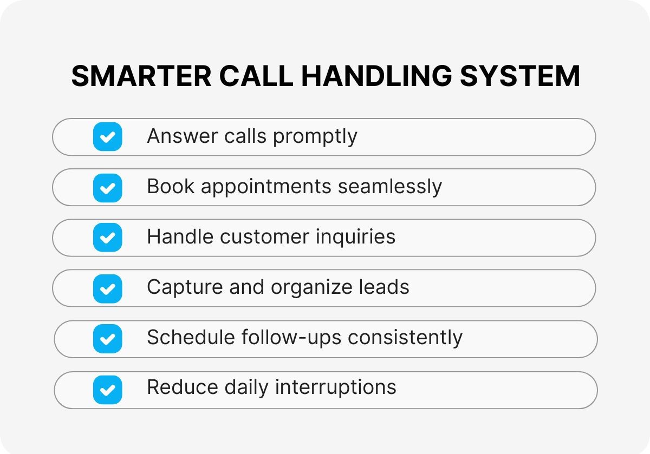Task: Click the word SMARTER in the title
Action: (x=141, y=76)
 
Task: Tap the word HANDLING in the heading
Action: (x=376, y=76)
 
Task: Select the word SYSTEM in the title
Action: (x=520, y=76)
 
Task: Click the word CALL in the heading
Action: (x=256, y=76)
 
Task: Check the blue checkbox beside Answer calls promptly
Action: (x=108, y=136)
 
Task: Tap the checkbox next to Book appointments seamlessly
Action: (x=108, y=188)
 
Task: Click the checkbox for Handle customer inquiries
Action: (x=108, y=238)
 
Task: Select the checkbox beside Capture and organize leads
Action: (x=108, y=289)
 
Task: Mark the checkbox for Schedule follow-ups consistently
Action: (x=108, y=339)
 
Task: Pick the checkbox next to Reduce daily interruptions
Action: (x=108, y=390)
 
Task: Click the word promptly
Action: (x=315, y=137)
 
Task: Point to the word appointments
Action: (x=266, y=187)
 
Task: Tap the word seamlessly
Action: (x=390, y=187)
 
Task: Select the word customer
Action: (x=265, y=237)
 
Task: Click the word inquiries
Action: (x=355, y=238)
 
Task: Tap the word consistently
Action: (x=405, y=338)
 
